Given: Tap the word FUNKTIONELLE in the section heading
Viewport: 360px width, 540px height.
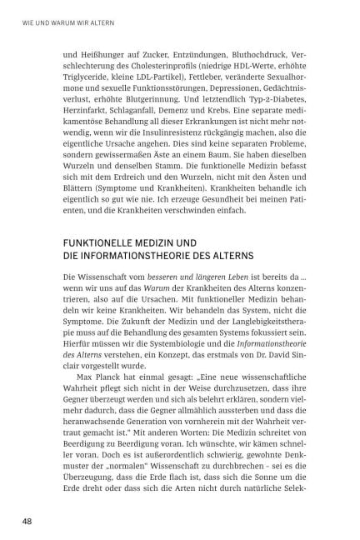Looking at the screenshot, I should [x=102, y=242].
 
